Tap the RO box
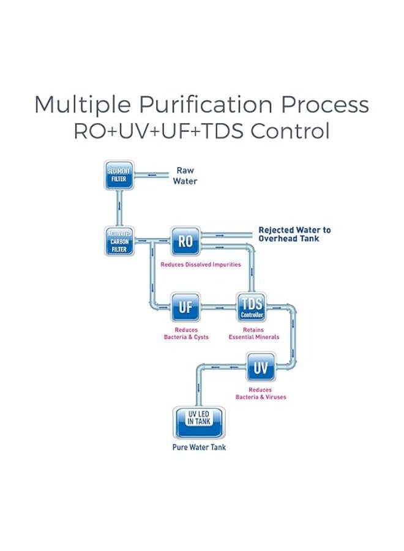(185, 241)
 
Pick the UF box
(185, 307)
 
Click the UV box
(261, 368)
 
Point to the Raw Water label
(185, 176)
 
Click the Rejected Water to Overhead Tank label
(294, 234)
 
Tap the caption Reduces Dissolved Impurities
(200, 265)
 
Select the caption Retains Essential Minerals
(253, 334)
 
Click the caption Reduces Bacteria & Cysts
(186, 334)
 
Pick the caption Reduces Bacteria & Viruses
(261, 394)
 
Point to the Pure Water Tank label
(198, 448)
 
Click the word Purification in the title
(195, 105)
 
